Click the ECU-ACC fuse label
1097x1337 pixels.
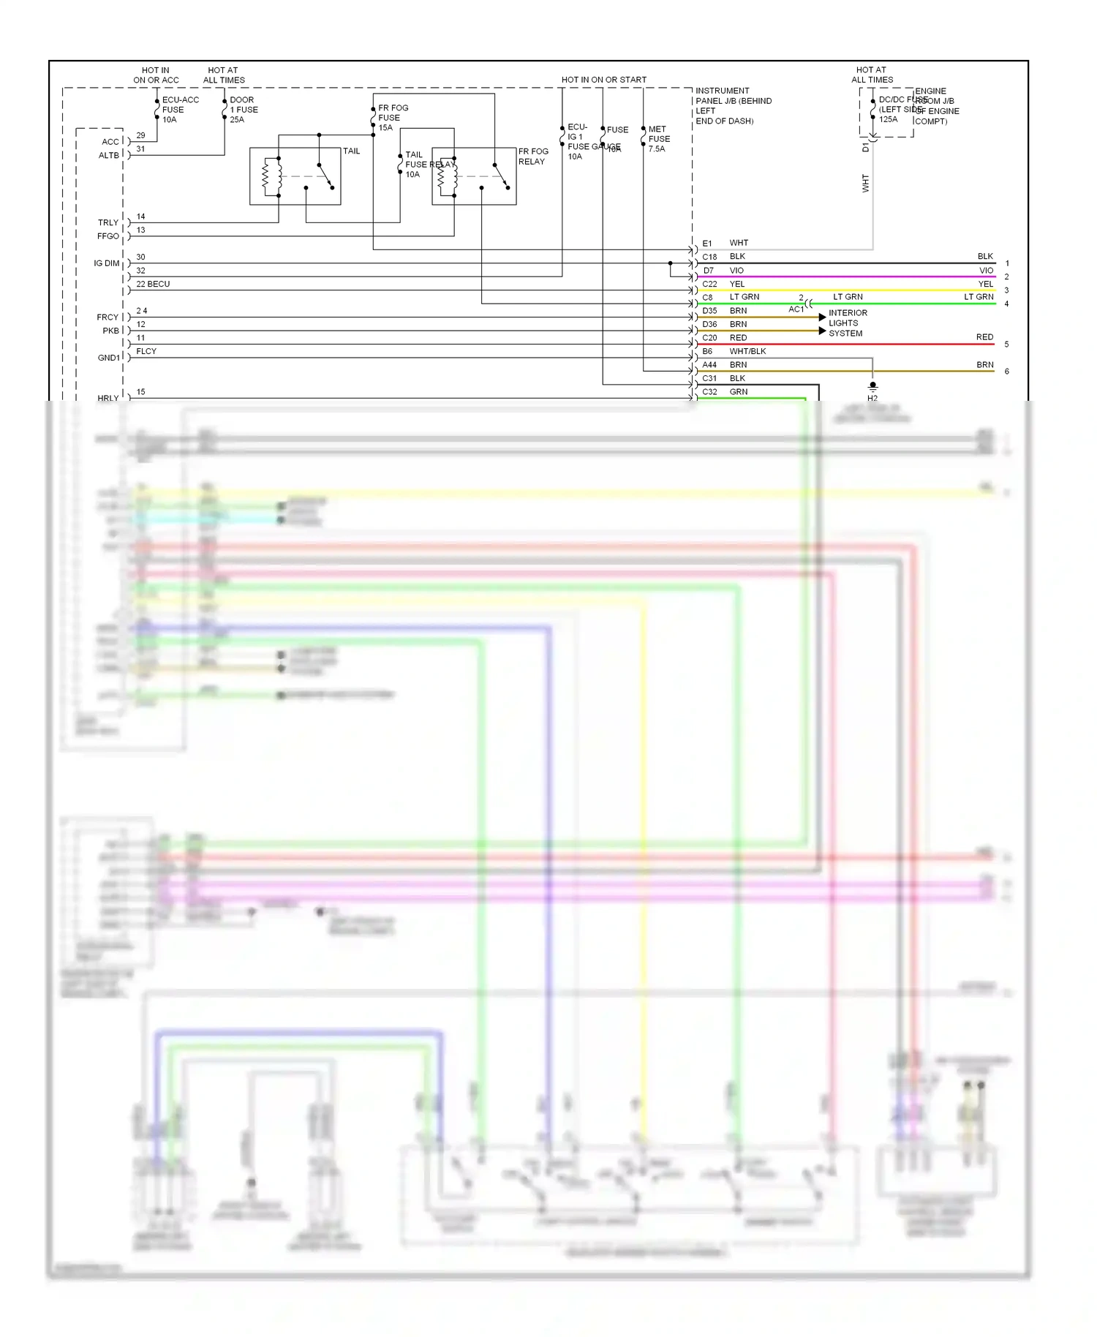(x=179, y=110)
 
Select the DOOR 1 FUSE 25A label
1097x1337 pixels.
(x=244, y=110)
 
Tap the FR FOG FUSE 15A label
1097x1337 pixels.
(x=393, y=118)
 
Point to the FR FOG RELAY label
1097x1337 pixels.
(x=533, y=157)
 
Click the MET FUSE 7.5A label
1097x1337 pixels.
(x=658, y=139)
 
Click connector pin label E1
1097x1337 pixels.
(x=707, y=244)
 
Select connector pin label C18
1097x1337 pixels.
(x=709, y=257)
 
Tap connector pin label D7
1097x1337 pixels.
(x=708, y=271)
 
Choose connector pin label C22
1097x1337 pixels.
(x=709, y=285)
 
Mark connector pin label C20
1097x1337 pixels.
(x=709, y=339)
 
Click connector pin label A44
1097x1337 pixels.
(x=709, y=365)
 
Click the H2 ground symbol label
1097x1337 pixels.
(x=872, y=398)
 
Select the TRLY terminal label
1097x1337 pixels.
(x=108, y=223)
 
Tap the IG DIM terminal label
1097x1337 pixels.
(x=106, y=263)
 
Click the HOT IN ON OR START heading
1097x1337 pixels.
(x=603, y=80)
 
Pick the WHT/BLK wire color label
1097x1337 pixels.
(x=747, y=352)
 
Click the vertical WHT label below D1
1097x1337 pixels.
(x=866, y=183)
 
